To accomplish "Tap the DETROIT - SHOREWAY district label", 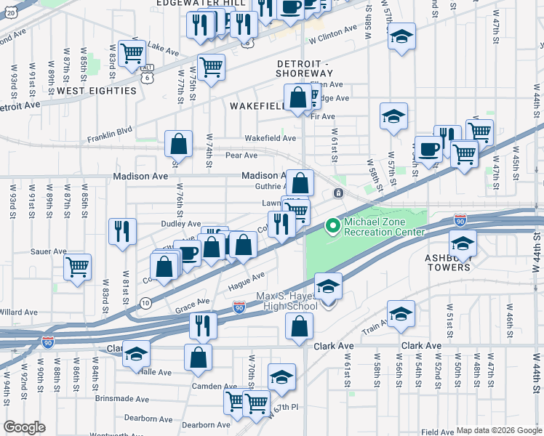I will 305,68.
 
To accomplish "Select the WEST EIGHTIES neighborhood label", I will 97,91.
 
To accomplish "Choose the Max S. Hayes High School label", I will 287,301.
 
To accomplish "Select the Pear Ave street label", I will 241,155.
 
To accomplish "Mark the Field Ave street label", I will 437,432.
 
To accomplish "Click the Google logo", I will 24,427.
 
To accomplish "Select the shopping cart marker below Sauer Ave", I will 77,266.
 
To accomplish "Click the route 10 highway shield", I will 145,302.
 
